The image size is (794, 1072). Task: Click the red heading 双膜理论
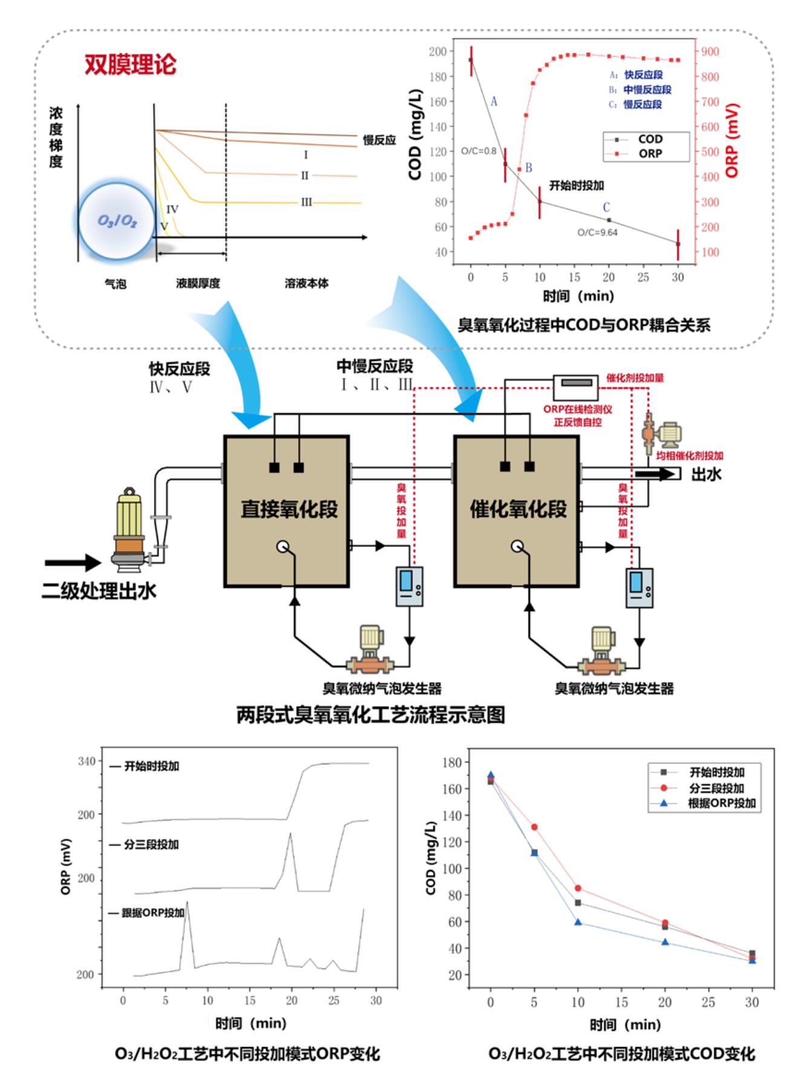tap(130, 65)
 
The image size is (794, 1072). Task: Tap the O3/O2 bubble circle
tap(117, 221)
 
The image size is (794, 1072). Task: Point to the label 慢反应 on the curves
tap(379, 140)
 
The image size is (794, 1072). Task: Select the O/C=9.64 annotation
tap(597, 232)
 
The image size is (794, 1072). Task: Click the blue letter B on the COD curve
tap(529, 167)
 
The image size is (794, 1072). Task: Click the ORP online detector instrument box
tap(577, 383)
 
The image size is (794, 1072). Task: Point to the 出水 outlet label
tap(706, 474)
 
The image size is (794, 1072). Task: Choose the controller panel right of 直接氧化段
tap(409, 586)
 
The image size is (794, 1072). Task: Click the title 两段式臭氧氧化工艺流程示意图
tap(370, 715)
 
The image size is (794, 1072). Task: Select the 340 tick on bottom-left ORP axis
tap(86, 761)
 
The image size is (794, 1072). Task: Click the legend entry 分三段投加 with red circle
tap(716, 788)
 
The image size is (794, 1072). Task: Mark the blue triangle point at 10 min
tap(578, 922)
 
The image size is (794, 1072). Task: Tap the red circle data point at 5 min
tap(534, 827)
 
